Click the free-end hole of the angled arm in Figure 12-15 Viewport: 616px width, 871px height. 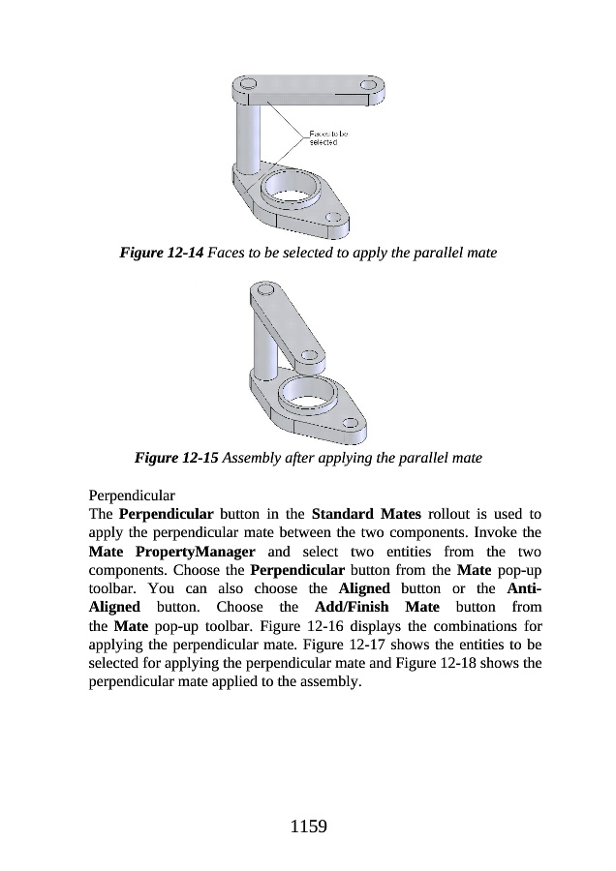(x=312, y=362)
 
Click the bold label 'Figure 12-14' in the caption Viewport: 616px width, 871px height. (x=161, y=253)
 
